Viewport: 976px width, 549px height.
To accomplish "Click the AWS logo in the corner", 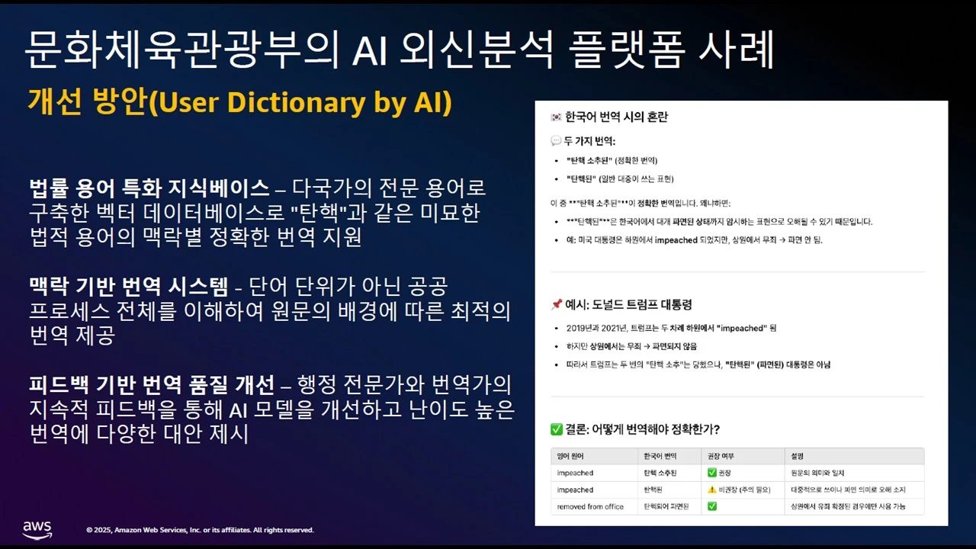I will (37, 529).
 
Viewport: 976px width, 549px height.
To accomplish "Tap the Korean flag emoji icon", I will (556, 117).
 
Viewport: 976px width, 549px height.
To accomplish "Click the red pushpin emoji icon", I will (556, 305).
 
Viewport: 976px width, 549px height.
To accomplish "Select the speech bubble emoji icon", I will (556, 141).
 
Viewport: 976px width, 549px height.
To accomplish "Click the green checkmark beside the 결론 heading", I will (557, 429).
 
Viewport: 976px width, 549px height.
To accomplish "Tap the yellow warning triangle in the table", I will (712, 490).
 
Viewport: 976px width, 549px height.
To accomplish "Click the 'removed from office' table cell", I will (590, 506).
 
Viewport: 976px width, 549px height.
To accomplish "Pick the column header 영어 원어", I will (570, 456).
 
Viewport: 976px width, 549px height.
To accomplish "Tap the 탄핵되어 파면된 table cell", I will (666, 506).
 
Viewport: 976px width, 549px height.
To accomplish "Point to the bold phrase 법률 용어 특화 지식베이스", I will (149, 188).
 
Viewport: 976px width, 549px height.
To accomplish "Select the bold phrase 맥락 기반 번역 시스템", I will (128, 287).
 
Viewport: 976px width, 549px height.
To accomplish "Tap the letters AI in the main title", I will (371, 51).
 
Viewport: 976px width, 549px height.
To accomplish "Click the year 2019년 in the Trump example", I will (579, 328).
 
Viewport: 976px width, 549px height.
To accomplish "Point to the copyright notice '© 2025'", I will (101, 530).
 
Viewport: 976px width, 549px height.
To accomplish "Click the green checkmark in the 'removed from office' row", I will (712, 506).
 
